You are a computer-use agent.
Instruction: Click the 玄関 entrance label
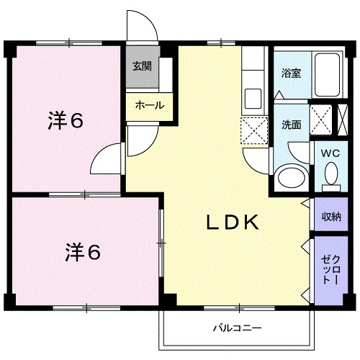click(x=141, y=67)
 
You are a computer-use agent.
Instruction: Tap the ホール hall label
click(x=149, y=105)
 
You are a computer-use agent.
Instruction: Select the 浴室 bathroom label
click(x=291, y=73)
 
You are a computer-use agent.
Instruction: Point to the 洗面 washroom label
click(x=291, y=123)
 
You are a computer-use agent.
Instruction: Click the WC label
click(x=330, y=153)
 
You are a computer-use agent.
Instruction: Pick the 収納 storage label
click(x=331, y=216)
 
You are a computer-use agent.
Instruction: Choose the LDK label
click(x=233, y=222)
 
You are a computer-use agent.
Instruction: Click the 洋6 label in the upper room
click(x=66, y=120)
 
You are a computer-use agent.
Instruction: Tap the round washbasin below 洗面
click(x=290, y=176)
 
